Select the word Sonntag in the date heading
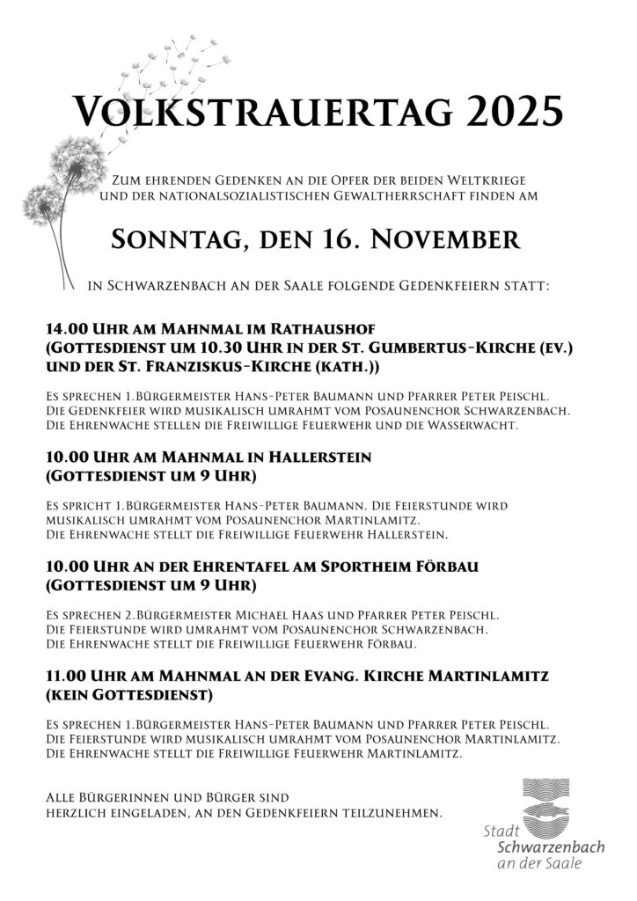coord(171,240)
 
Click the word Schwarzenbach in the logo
coord(551,846)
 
